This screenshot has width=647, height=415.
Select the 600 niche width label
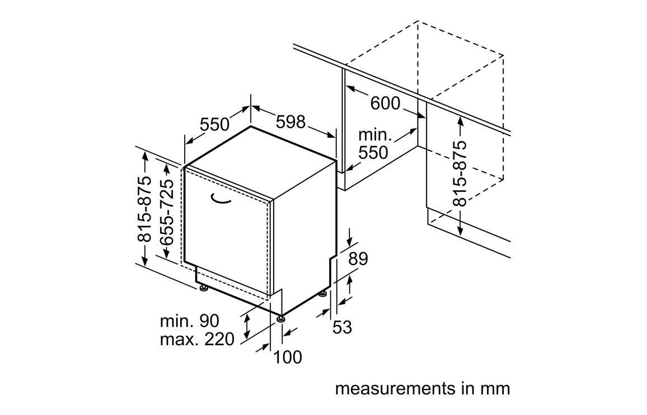(385, 103)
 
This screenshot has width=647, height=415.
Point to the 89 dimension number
(358, 259)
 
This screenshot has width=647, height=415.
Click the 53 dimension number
(342, 327)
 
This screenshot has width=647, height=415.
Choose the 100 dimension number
(288, 356)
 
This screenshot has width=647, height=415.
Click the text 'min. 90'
(189, 321)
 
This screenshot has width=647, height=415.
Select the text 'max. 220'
(197, 339)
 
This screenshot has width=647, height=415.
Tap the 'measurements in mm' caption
(423, 388)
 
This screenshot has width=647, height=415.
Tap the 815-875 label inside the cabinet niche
(460, 173)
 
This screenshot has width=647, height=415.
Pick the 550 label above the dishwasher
(215, 124)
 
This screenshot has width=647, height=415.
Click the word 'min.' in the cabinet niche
(374, 135)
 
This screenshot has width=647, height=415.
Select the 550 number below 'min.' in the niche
(373, 152)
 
